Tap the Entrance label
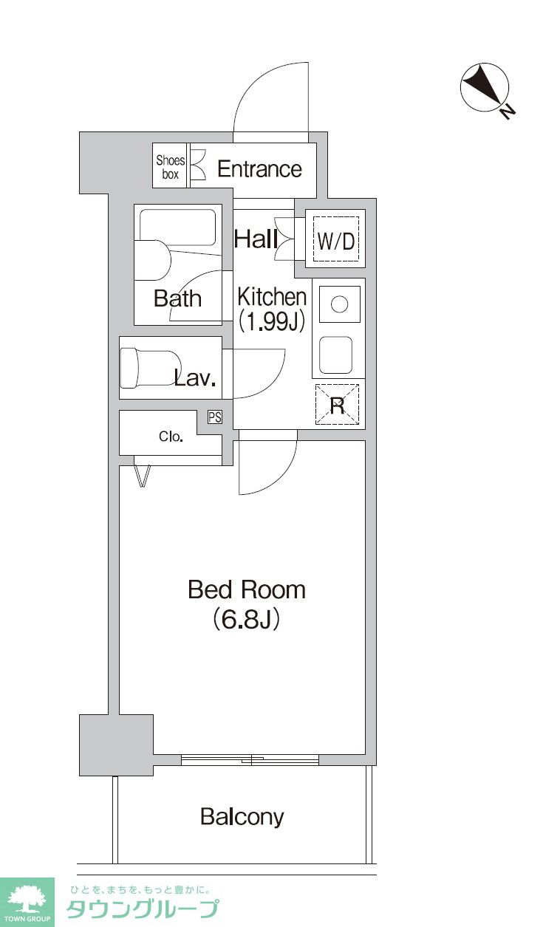(259, 169)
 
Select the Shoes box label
(170, 168)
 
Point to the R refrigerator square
(338, 406)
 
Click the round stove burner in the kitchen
(339, 304)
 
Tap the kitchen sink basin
(337, 355)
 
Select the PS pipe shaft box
(214, 417)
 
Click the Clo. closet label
(171, 437)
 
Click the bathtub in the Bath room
(177, 228)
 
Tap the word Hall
(256, 239)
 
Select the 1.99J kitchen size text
(272, 321)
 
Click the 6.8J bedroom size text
(246, 619)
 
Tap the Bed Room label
(246, 589)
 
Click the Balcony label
(242, 817)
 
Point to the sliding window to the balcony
(250, 759)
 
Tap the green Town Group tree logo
(27, 900)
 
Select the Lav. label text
(194, 380)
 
